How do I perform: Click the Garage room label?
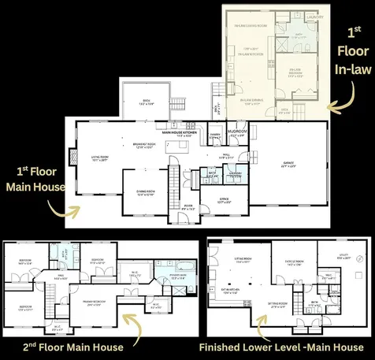click(x=288, y=164)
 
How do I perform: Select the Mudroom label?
click(x=237, y=130)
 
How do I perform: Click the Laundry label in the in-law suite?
click(x=315, y=16)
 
